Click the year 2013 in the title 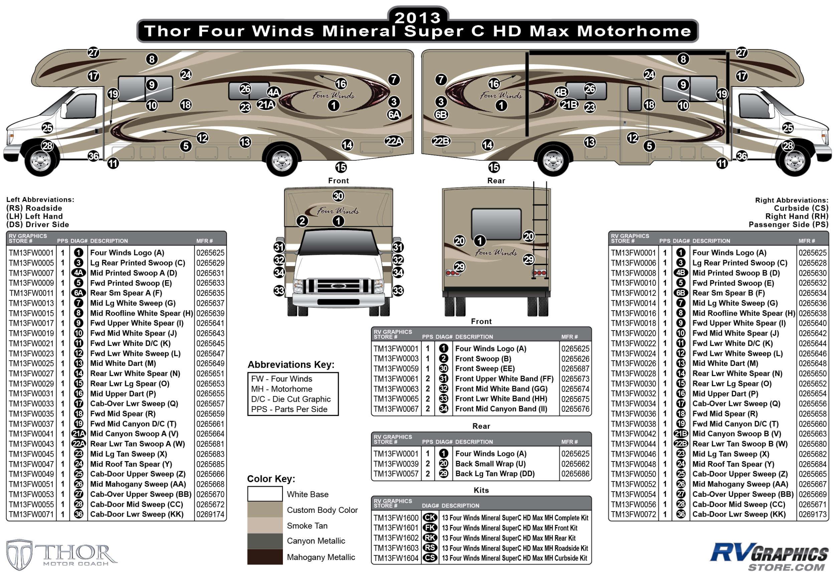pyautogui.click(x=418, y=17)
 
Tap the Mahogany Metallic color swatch pyautogui.click(x=265, y=557)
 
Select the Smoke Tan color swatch pyautogui.click(x=265, y=525)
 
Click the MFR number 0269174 pyautogui.click(x=210, y=514)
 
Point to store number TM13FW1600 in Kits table pyautogui.click(x=396, y=518)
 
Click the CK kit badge pyautogui.click(x=430, y=518)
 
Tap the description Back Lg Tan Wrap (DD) pyautogui.click(x=495, y=473)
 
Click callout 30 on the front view pyautogui.click(x=338, y=196)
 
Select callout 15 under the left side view pyautogui.click(x=341, y=167)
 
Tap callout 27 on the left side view pyautogui.click(x=93, y=53)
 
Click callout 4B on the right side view pyautogui.click(x=561, y=92)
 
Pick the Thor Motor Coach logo pyautogui.click(x=61, y=554)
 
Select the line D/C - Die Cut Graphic pyautogui.click(x=291, y=399)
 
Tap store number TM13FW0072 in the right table pyautogui.click(x=633, y=514)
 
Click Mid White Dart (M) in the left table pyautogui.click(x=123, y=363)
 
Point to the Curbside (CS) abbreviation pyautogui.click(x=801, y=208)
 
